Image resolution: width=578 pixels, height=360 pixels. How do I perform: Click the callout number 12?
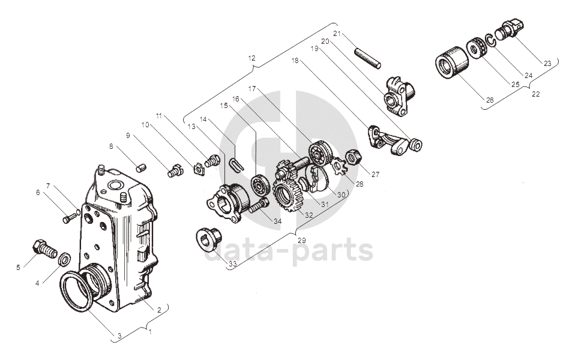pyautogui.click(x=251, y=58)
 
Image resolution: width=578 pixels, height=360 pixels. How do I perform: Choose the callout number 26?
pyautogui.click(x=490, y=100)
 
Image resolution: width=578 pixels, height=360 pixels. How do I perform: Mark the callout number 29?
pyautogui.click(x=301, y=240)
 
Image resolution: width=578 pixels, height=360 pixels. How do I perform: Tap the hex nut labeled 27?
pyautogui.click(x=354, y=158)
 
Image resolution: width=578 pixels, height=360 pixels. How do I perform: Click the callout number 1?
pyautogui.click(x=150, y=331)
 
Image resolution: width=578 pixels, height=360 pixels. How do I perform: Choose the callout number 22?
pyautogui.click(x=535, y=94)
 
